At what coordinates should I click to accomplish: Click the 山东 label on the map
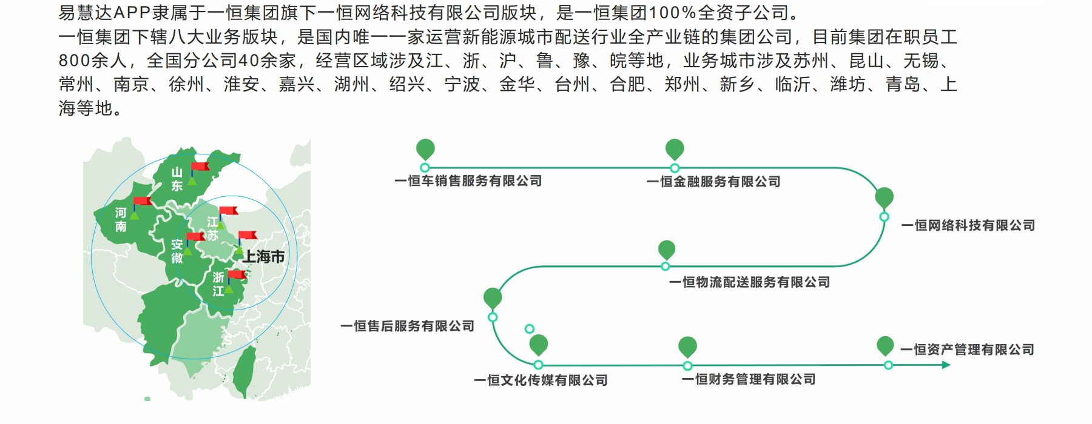[x=177, y=179]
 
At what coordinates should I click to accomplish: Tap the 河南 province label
[x=121, y=220]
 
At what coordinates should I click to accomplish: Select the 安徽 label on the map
[x=177, y=251]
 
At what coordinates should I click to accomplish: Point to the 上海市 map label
[x=264, y=257]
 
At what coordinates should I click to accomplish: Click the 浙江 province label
[x=218, y=284]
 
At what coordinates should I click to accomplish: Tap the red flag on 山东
[x=200, y=167]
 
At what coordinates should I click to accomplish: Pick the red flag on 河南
[x=143, y=201]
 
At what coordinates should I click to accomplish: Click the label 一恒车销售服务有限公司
[x=468, y=181]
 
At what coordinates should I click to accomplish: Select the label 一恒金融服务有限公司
[x=713, y=182]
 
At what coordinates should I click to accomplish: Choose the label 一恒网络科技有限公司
[x=968, y=225]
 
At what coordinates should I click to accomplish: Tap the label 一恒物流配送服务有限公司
[x=749, y=282]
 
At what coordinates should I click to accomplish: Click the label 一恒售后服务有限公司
[x=407, y=326]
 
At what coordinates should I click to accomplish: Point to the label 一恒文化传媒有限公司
[x=541, y=380]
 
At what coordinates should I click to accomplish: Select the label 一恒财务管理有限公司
[x=749, y=380]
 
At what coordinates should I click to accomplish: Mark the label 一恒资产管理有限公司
[x=967, y=349]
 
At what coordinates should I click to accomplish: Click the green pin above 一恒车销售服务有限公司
[x=425, y=149]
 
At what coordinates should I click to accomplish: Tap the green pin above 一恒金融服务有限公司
[x=675, y=149]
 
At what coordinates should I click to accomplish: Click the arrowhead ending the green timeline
[x=945, y=365]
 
